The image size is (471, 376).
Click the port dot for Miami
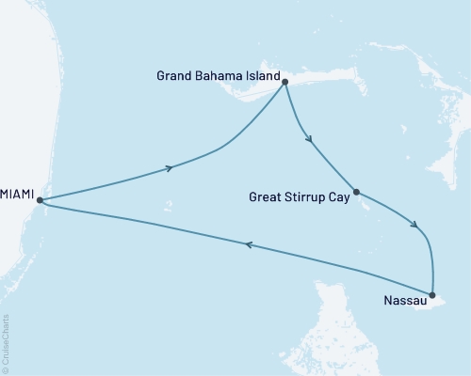pyautogui.click(x=40, y=199)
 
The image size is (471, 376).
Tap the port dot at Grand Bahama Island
pyautogui.click(x=284, y=83)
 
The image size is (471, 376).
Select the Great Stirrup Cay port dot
pyautogui.click(x=356, y=194)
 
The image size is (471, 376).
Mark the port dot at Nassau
pyautogui.click(x=431, y=295)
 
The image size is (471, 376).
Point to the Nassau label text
pyautogui.click(x=404, y=303)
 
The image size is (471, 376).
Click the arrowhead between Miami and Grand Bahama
pyautogui.click(x=171, y=168)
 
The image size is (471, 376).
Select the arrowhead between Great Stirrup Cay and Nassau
pyautogui.click(x=414, y=225)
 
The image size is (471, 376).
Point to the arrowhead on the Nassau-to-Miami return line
pyautogui.click(x=249, y=245)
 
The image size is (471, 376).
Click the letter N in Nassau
pyautogui.click(x=388, y=303)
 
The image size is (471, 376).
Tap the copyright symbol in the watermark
pyautogui.click(x=7, y=369)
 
